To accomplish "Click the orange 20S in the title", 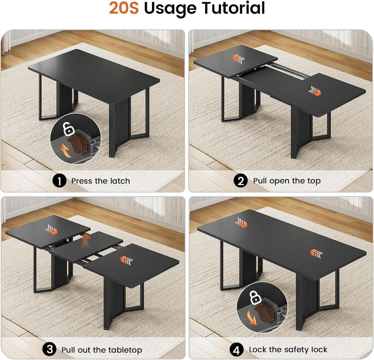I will pyautogui.click(x=124, y=9).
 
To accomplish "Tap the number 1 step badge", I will pyautogui.click(x=60, y=181).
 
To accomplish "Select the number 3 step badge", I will pyautogui.click(x=49, y=350).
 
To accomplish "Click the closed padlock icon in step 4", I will pyautogui.click(x=255, y=297).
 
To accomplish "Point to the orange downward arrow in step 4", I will pyautogui.click(x=252, y=319).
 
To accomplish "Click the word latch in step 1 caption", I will pyautogui.click(x=120, y=181).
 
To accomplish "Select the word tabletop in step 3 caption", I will pyautogui.click(x=124, y=350).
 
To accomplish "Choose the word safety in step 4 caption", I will pyautogui.click(x=294, y=350).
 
